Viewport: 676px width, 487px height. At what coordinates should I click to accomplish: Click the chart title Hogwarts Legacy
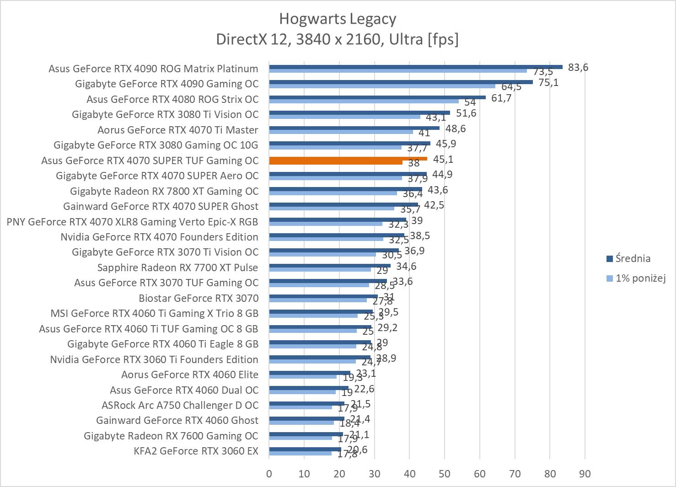pos(338,19)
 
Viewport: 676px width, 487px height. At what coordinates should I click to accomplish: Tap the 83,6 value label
pos(578,68)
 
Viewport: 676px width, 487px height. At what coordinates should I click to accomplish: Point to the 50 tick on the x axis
pos(445,474)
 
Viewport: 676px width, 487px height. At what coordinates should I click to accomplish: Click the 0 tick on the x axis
pos(269,474)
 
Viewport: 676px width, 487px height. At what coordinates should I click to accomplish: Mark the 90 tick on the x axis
pos(585,474)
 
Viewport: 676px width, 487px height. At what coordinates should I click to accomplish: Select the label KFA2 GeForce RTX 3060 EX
pos(196,451)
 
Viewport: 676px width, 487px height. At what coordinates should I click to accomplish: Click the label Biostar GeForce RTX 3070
pos(199,298)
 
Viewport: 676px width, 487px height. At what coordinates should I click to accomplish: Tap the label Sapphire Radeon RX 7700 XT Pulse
pos(177,268)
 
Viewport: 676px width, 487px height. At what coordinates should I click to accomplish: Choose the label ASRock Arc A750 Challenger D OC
pos(180,405)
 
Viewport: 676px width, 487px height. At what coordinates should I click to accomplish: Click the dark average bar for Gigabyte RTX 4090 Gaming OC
pos(401,82)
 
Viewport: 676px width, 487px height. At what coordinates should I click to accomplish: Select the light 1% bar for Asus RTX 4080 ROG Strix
pos(364,101)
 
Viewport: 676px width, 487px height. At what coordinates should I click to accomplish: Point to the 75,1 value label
pos(548,83)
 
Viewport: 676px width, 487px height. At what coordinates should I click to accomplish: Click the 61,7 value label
pos(501,98)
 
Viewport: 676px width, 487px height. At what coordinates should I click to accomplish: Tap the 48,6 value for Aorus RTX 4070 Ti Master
pos(456,128)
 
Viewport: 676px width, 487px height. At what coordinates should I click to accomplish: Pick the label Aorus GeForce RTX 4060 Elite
pos(190,375)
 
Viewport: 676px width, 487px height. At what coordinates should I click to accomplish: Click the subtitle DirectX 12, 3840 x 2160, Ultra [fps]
pos(338,39)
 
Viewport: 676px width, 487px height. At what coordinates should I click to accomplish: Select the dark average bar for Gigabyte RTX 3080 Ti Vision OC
pos(359,112)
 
